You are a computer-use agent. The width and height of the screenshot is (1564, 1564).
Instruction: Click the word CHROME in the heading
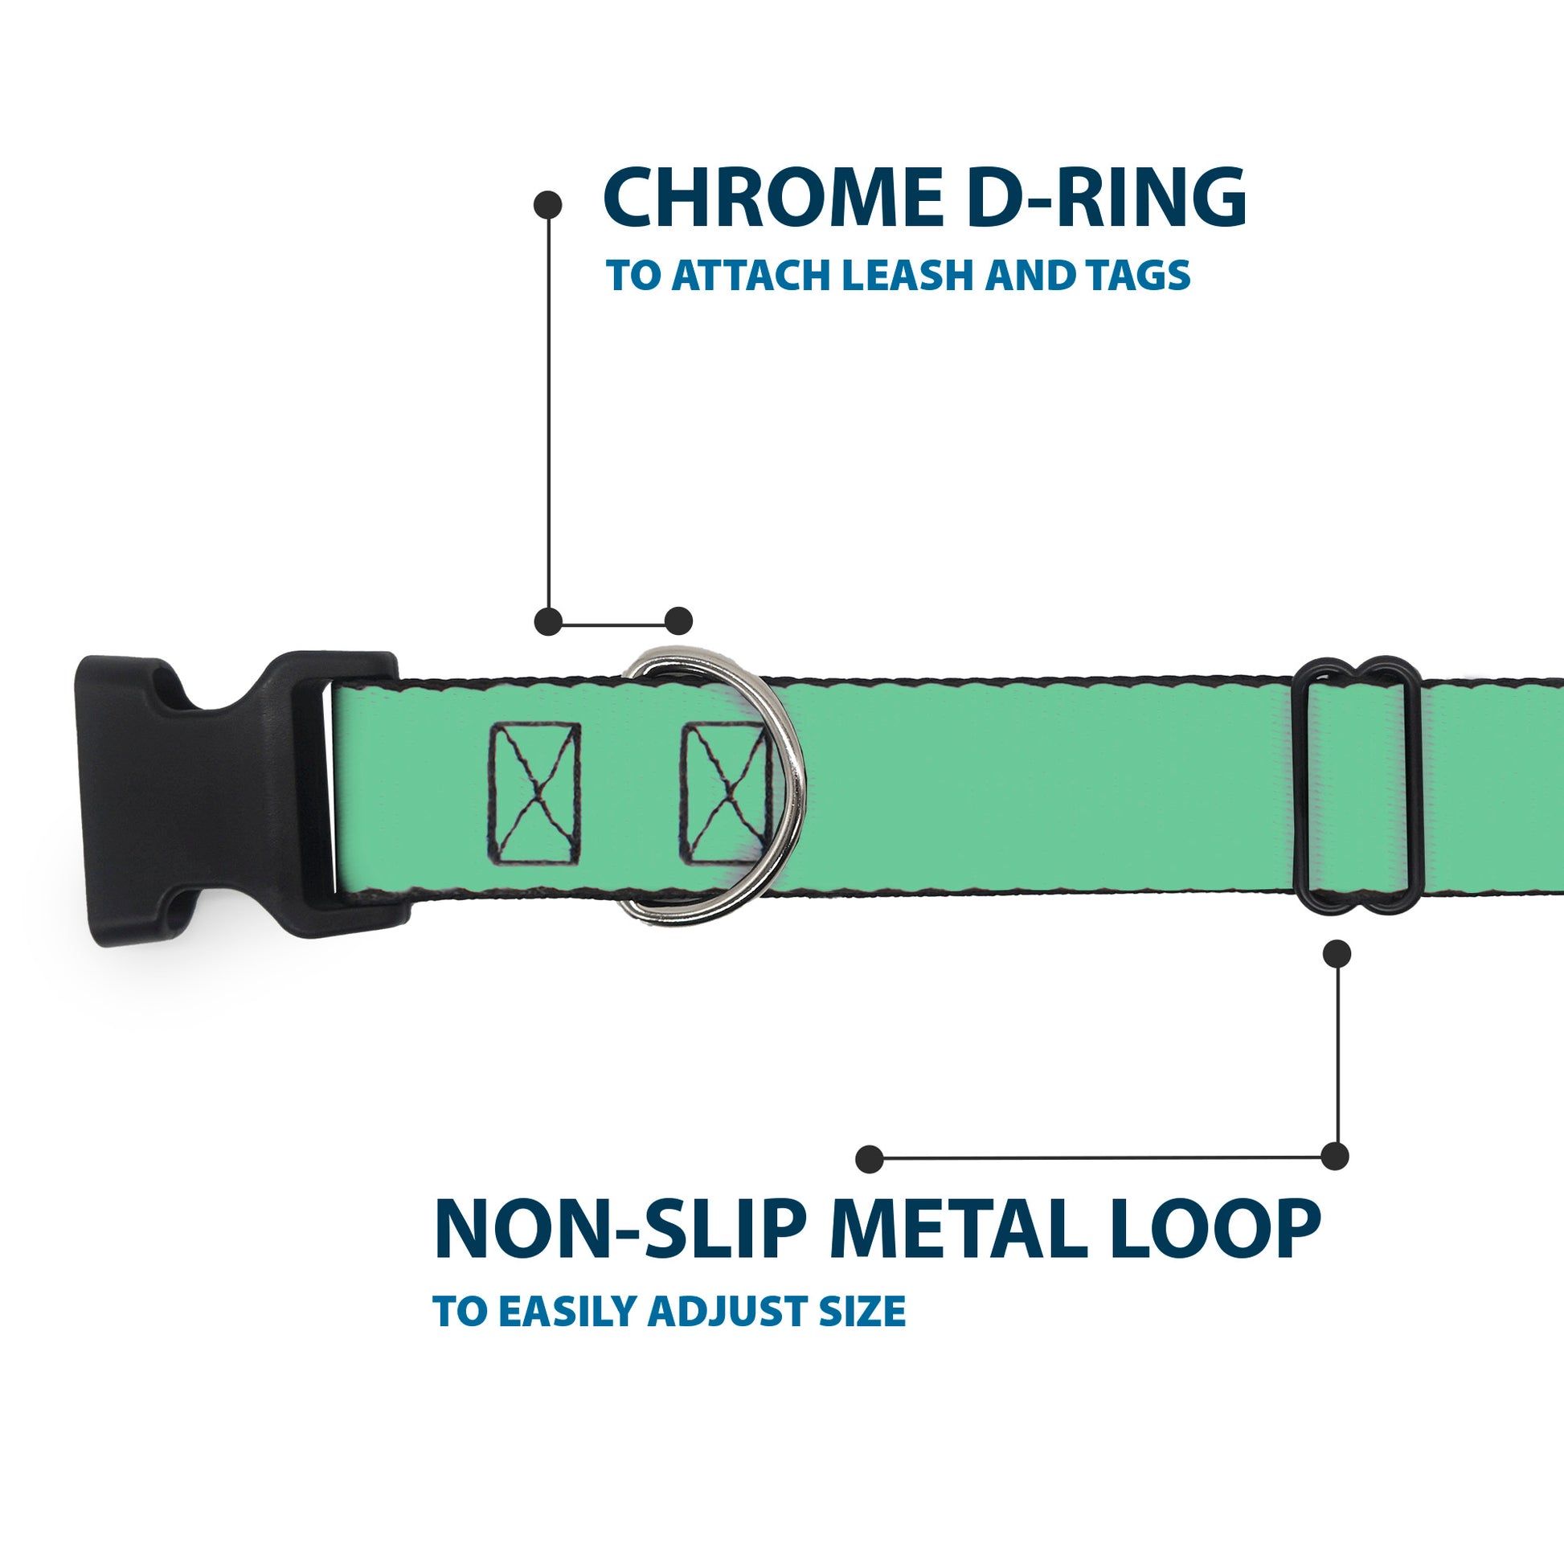pyautogui.click(x=773, y=198)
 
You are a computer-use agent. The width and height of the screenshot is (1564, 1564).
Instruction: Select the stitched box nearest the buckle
pyautogui.click(x=534, y=793)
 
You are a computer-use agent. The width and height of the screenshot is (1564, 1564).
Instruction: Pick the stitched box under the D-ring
pyautogui.click(x=723, y=793)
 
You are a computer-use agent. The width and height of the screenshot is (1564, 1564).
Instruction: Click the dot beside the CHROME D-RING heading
pyautogui.click(x=548, y=204)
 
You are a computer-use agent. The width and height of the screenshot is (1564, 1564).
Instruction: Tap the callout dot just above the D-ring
pyautogui.click(x=678, y=621)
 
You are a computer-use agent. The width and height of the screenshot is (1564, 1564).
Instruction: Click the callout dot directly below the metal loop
pyautogui.click(x=1337, y=954)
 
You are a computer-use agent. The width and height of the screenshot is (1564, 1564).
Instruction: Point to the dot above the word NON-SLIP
pyautogui.click(x=869, y=1158)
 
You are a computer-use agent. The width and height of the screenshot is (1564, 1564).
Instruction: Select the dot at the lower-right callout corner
pyautogui.click(x=1335, y=1156)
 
